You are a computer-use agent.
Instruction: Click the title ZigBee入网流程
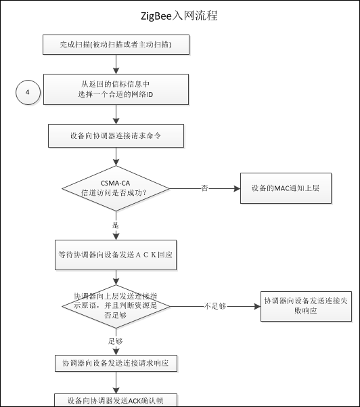click(x=179, y=16)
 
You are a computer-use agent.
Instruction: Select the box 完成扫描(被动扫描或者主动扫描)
click(x=116, y=45)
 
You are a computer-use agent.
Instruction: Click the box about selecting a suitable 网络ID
click(x=116, y=88)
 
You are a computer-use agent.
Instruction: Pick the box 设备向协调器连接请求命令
click(x=116, y=135)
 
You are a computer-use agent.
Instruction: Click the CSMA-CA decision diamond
click(x=116, y=188)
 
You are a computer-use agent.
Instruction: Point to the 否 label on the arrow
click(x=204, y=188)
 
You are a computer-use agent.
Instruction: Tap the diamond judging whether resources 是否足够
click(x=116, y=306)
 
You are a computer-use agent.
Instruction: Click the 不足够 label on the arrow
click(x=217, y=307)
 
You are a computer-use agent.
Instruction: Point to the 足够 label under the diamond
click(x=115, y=340)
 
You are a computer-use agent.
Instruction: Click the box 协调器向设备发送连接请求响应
click(x=116, y=364)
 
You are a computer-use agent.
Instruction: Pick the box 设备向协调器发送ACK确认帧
click(x=116, y=400)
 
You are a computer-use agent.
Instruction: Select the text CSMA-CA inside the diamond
click(x=116, y=181)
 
